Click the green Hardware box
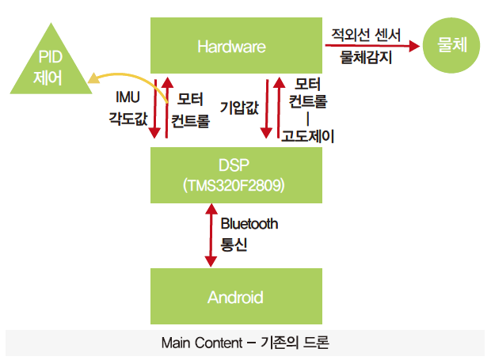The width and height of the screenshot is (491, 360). coord(236,45)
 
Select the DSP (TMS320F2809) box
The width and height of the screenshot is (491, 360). coord(236,175)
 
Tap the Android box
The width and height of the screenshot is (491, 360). coord(236,296)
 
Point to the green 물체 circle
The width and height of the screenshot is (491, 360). coord(451,45)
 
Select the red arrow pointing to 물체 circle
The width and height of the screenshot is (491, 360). coord(372,46)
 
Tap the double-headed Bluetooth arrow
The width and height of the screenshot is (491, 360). coord(211,235)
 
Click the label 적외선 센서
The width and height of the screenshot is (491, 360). coord(366,34)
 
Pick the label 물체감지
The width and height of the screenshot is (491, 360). coord(366,57)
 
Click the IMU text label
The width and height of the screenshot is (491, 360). coord(128,97)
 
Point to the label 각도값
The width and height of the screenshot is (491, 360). coord(128,119)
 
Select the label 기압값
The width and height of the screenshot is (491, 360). coord(239,108)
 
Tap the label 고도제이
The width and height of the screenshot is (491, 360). coord(307,136)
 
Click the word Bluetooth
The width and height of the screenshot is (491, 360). coord(249,224)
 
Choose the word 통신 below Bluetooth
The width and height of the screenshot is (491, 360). coord(234,244)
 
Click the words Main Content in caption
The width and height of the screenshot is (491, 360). coord(202,343)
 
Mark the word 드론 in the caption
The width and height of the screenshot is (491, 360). coord(316,343)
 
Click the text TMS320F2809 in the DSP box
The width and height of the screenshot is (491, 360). coord(234,185)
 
